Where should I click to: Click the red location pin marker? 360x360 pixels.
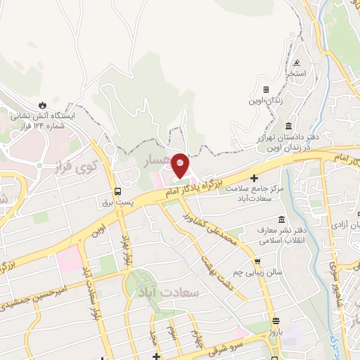pyautogui.click(x=180, y=165)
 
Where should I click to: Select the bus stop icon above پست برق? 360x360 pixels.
pyautogui.click(x=117, y=191)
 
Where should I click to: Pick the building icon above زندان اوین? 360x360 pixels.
pyautogui.click(x=266, y=89)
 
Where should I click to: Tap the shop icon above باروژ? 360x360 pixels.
pyautogui.click(x=276, y=319)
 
